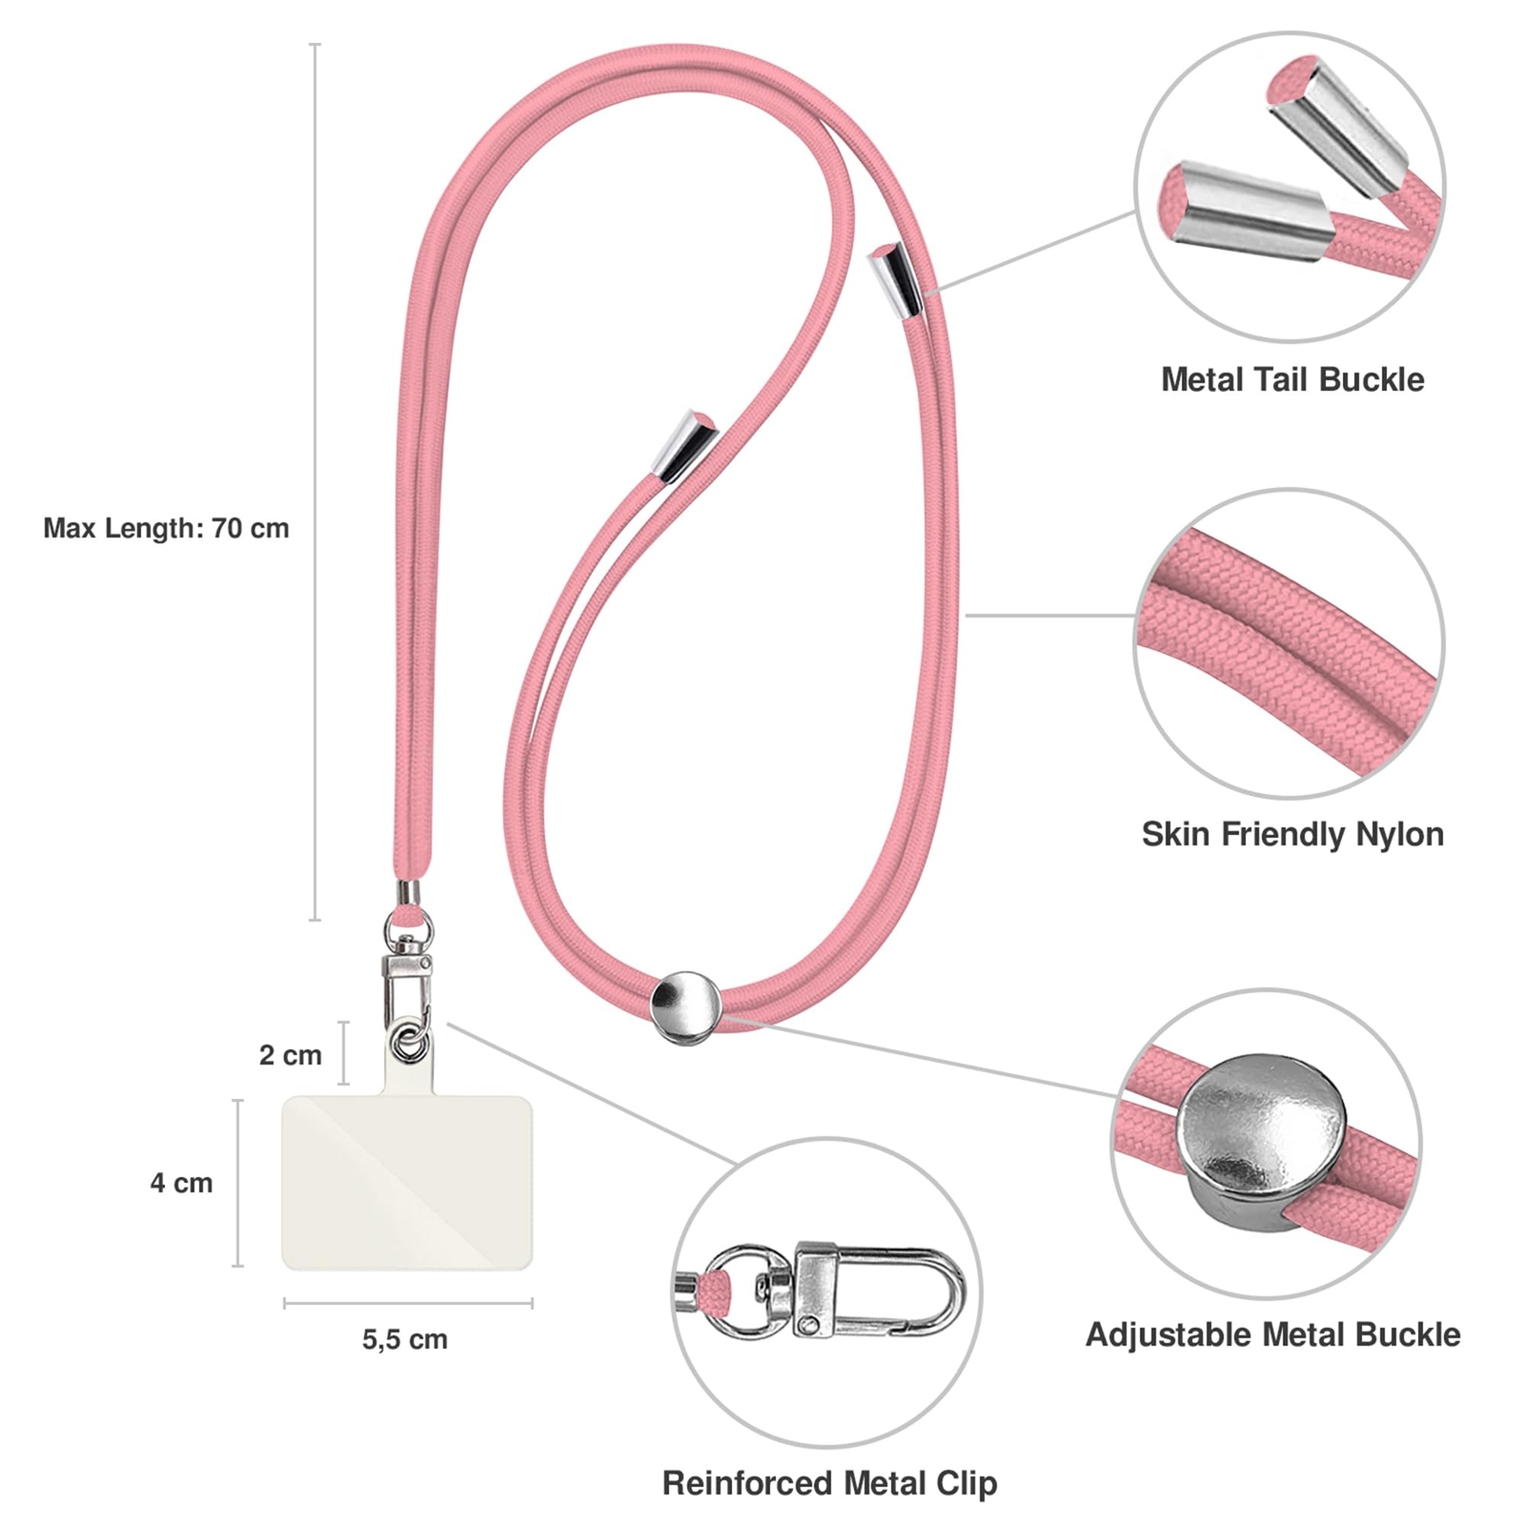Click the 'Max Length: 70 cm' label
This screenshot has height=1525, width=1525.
166,528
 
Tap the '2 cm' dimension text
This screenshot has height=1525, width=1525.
290,1055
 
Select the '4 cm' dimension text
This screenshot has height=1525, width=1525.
181,1183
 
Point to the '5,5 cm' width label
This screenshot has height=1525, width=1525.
404,1339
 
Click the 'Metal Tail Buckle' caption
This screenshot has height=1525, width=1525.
1291,379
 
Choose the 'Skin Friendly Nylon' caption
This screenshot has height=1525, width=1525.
1292,834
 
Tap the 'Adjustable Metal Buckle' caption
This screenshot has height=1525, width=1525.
1272,1334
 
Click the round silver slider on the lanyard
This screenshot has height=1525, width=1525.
684,1006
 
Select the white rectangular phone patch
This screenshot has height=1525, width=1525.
407,1182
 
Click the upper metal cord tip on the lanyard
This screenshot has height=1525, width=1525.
896,278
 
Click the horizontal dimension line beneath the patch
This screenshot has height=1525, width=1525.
407,1303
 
